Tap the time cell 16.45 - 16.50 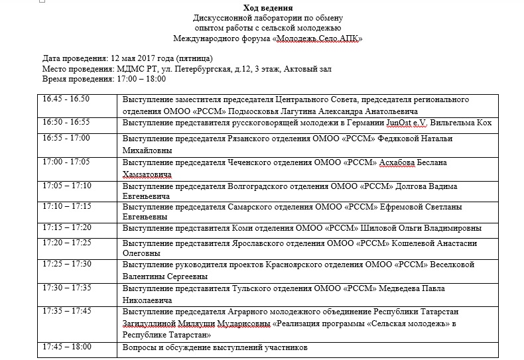click(66, 99)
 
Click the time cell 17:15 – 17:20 click(67, 227)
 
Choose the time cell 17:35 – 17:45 click(67, 310)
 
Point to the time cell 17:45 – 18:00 click(67, 346)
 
